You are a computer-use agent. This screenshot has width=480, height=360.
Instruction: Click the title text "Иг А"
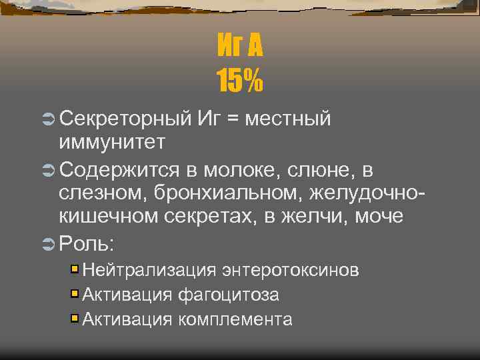[x=240, y=47]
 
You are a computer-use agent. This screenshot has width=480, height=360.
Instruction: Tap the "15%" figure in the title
[x=240, y=81]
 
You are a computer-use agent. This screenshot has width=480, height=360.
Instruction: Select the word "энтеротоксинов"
[x=291, y=270]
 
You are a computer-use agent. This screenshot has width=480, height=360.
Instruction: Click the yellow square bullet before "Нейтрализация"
[x=75, y=269]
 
